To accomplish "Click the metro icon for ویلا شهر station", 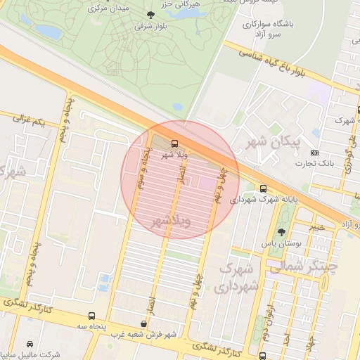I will pos(175,144).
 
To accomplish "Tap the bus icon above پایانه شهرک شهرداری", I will pos(263,188).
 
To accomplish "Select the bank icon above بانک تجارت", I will pos(314,153).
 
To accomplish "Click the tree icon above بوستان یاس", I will pos(281,232).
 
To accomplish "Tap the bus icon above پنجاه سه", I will pos(92,316).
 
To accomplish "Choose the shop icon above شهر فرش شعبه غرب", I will pos(143,324).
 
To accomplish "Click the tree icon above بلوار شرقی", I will pos(149,14).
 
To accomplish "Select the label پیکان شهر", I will pos(276,142).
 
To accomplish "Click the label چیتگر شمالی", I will pos(303,266).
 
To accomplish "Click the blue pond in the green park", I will pos(49,32).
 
